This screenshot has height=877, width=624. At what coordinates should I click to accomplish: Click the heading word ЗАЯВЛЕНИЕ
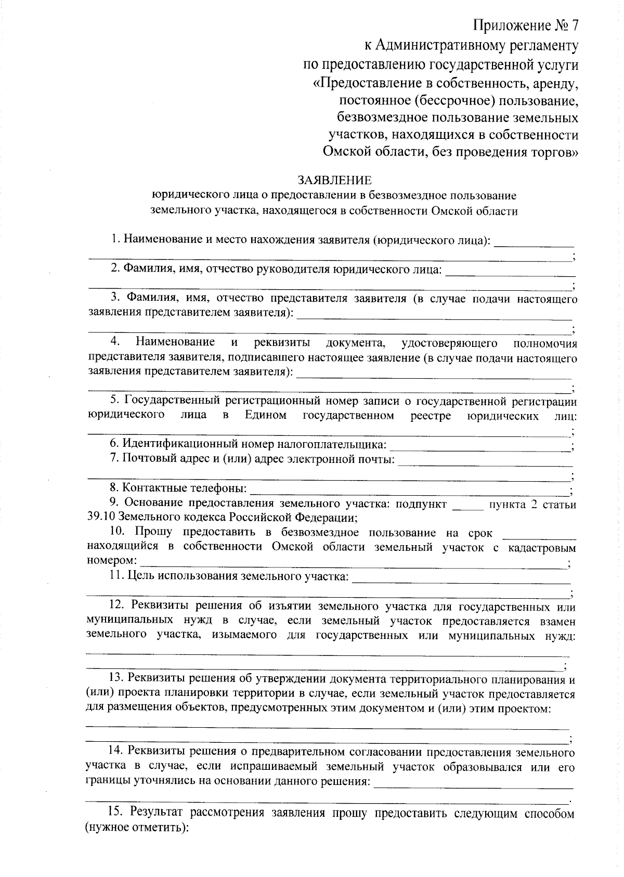pyautogui.click(x=334, y=180)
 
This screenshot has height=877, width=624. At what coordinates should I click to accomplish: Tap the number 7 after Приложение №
pyautogui.click(x=573, y=25)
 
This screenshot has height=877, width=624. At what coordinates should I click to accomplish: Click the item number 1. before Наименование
pyautogui.click(x=115, y=240)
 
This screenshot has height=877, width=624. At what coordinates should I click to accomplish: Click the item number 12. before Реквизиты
pyautogui.click(x=117, y=607)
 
